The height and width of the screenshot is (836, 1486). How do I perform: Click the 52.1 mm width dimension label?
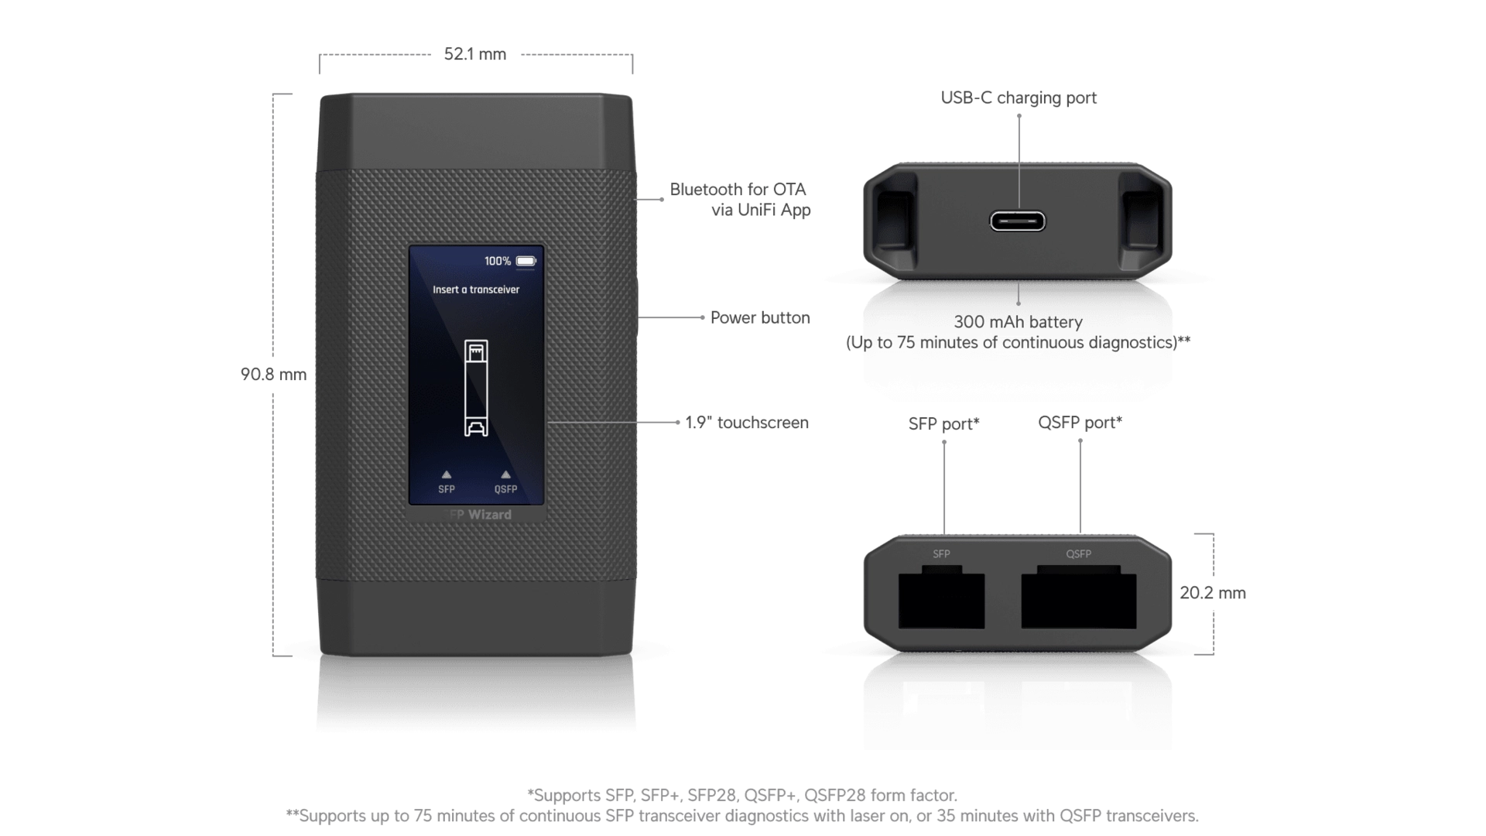[475, 54]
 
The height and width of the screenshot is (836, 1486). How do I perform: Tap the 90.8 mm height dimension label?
[273, 375]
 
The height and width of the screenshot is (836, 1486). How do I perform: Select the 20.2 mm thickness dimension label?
[1213, 593]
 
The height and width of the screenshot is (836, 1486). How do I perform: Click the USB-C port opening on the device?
[1018, 221]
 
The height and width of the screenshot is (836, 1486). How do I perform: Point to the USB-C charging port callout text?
[1019, 98]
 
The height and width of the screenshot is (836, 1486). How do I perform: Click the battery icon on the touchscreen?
[526, 261]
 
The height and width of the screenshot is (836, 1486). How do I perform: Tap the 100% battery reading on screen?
[498, 262]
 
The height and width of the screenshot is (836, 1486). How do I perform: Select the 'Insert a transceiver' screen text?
[476, 290]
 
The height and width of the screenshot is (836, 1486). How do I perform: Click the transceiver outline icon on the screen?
[476, 388]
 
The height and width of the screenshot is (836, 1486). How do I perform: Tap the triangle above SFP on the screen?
[447, 475]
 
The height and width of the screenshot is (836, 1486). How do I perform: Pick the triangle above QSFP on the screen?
[506, 475]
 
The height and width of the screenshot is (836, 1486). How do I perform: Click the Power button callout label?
[760, 317]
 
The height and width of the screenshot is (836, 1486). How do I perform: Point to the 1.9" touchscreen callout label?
[747, 423]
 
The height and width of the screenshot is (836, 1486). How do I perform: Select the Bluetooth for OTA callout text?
[740, 200]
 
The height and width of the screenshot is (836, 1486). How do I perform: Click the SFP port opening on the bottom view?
[941, 600]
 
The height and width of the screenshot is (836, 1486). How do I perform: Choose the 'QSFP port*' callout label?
[1080, 423]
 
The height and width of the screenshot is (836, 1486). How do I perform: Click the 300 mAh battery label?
[1019, 322]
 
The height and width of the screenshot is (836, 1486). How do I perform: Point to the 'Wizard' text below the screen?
[490, 515]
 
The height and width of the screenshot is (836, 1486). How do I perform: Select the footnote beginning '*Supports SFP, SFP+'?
[742, 795]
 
